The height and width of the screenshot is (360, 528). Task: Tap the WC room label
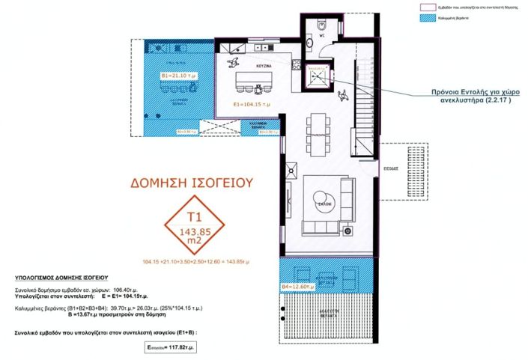(x=321, y=34)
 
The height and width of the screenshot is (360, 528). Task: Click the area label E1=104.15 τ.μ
(x=250, y=104)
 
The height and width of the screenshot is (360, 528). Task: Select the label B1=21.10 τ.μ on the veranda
(x=177, y=76)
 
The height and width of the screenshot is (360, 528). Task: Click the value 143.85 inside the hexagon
(x=194, y=231)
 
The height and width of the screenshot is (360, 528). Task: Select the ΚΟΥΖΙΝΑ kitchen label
(x=262, y=67)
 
